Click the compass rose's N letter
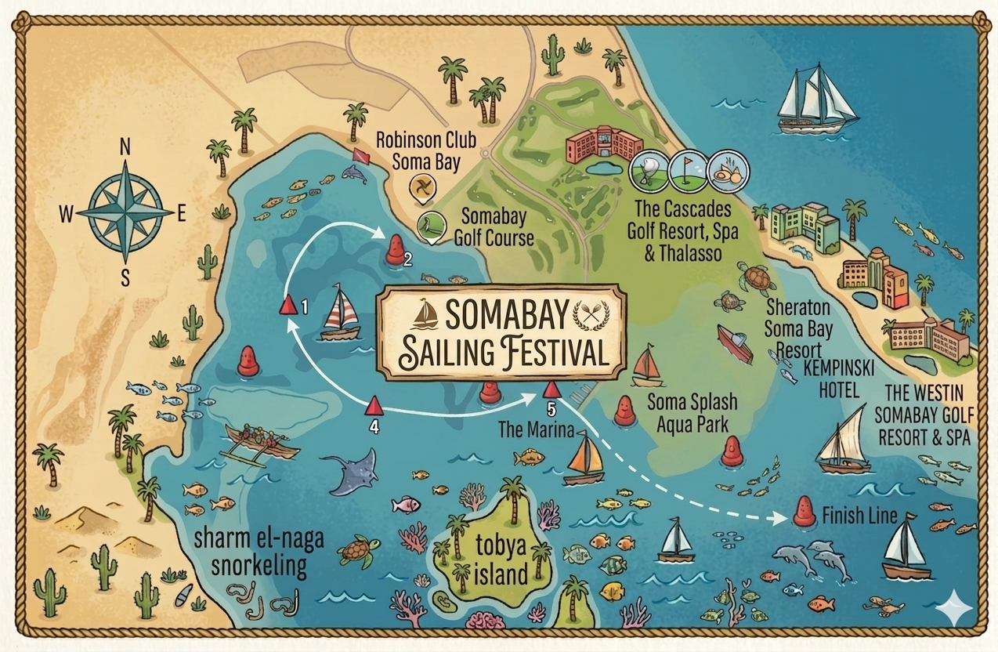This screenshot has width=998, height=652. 125,147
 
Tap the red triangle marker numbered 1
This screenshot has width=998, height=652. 288,304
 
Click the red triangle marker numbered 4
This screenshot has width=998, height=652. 374,405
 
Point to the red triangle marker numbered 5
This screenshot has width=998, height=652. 551,389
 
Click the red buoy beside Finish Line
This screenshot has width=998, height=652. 803,511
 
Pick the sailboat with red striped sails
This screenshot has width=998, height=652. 342,313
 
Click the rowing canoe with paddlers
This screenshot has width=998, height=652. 261,442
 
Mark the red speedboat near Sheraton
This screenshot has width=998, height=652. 734,343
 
